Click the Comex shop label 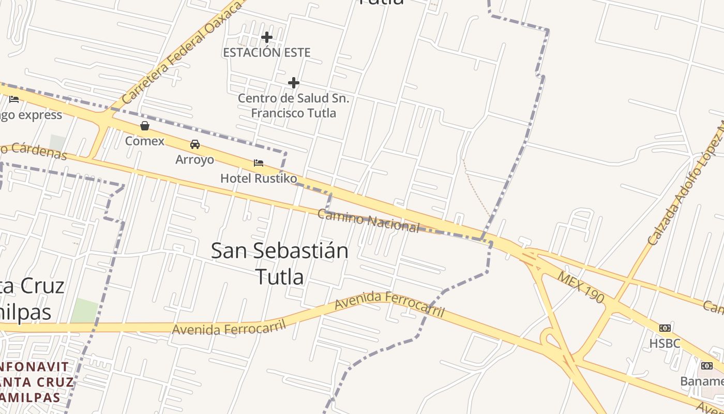(x=145, y=141)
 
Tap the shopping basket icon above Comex (x=145, y=126)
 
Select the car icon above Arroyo (x=195, y=144)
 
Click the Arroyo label (x=194, y=159)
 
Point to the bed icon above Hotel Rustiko (x=259, y=163)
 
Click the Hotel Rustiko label (x=259, y=179)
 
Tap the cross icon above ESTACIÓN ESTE (x=267, y=37)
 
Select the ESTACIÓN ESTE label (x=267, y=52)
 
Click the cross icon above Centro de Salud (x=294, y=83)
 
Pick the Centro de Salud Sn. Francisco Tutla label (x=294, y=106)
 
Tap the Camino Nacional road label (x=368, y=221)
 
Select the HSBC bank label (x=665, y=343)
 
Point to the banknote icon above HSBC (x=665, y=328)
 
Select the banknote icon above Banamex (x=706, y=366)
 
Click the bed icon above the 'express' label (x=14, y=99)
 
